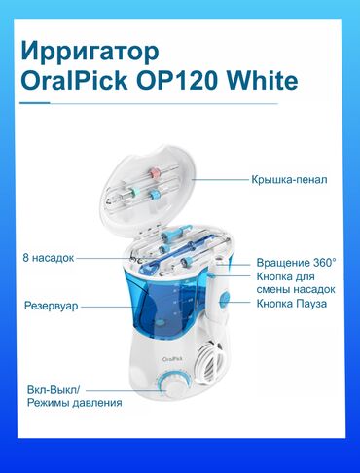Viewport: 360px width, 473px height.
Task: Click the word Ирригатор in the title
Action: (x=90, y=53)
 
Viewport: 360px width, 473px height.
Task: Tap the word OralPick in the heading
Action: (x=74, y=81)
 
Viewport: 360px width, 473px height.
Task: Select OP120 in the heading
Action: (x=177, y=81)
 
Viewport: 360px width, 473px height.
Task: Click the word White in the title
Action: (x=262, y=81)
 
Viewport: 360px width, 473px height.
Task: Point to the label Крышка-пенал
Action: (x=289, y=179)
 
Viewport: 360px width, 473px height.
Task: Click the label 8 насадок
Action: (x=49, y=258)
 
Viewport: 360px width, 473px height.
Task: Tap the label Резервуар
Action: (x=52, y=306)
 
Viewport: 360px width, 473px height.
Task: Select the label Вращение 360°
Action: (x=296, y=262)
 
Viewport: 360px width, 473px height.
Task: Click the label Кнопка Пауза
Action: (x=292, y=304)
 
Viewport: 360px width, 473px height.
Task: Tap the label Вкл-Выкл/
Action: (x=54, y=389)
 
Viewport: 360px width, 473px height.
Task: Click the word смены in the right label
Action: (x=273, y=289)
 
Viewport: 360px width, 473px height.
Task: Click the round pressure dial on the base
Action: (x=172, y=386)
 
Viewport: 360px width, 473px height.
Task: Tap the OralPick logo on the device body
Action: (x=172, y=359)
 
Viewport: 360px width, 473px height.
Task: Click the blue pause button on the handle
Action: (x=224, y=298)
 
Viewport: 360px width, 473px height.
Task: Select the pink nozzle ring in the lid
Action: (x=155, y=172)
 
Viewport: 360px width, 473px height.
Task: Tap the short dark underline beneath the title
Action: (x=35, y=103)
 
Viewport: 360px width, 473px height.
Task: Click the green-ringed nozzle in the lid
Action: (x=134, y=192)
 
